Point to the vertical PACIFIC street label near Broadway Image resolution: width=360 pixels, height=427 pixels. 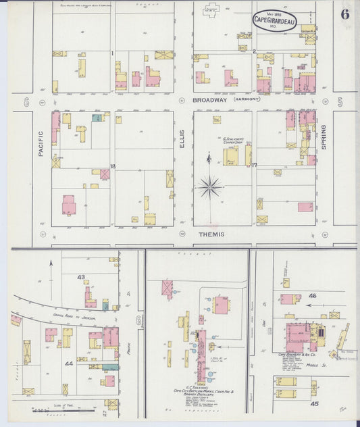pos(41,145)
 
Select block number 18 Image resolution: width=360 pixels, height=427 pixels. pos(113,166)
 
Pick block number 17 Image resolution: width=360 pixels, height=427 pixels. pos(254,164)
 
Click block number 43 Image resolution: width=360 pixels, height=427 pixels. pos(81,277)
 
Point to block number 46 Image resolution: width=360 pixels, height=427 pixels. pos(312,296)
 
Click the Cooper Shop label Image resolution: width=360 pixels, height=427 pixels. pos(233,144)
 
